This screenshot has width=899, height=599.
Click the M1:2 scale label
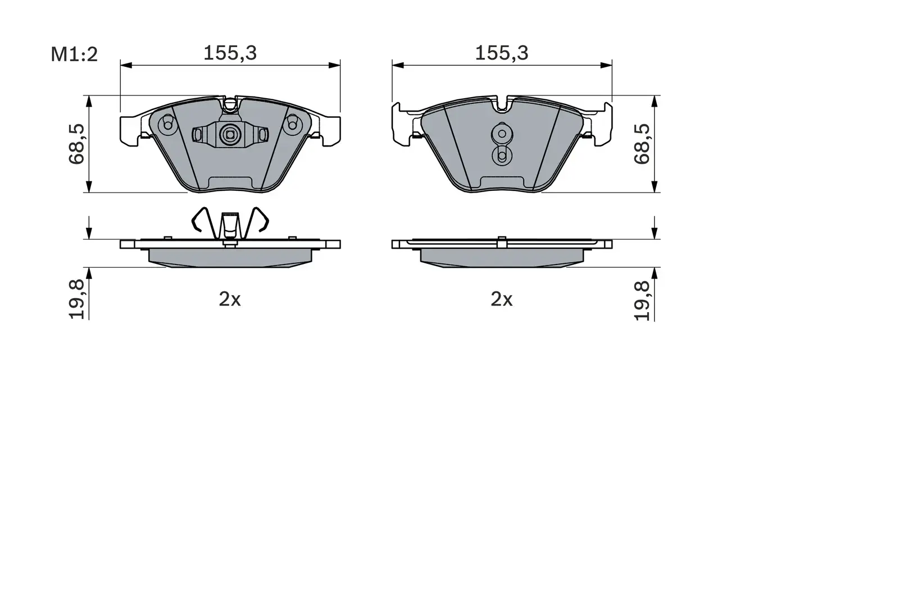click(74, 54)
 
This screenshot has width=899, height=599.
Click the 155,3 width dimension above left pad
click(230, 53)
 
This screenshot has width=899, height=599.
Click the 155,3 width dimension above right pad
click(502, 53)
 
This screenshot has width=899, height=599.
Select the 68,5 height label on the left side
click(77, 144)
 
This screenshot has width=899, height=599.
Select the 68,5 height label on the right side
click(642, 144)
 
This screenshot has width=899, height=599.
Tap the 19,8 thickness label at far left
click(77, 299)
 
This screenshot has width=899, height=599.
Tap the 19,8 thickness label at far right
click(642, 299)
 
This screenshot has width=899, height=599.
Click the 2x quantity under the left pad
click(230, 299)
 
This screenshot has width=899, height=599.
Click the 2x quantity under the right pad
click(502, 299)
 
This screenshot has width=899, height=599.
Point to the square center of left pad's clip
click(229, 134)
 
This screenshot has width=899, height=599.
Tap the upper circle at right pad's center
click(501, 134)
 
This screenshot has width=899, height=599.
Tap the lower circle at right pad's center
click(501, 156)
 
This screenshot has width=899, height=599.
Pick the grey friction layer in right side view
click(502, 257)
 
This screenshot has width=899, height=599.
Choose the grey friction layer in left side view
click(230, 257)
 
